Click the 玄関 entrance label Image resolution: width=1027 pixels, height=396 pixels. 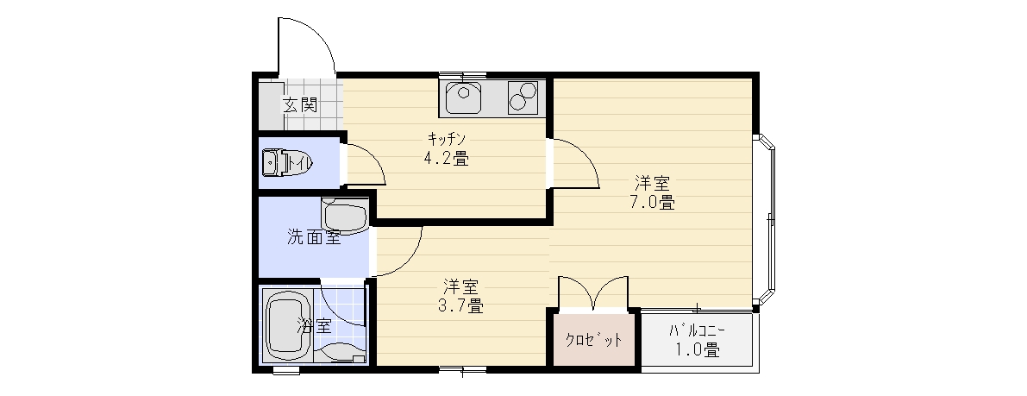pyautogui.click(x=300, y=105)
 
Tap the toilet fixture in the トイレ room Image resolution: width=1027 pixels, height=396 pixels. pyautogui.click(x=288, y=162)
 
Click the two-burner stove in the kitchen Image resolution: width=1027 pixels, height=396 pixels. pyautogui.click(x=523, y=97)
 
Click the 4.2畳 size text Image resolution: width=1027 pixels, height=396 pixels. pyautogui.click(x=446, y=159)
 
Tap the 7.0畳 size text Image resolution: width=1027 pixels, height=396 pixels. pyautogui.click(x=653, y=202)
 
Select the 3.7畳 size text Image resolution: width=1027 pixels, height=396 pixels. pyautogui.click(x=461, y=305)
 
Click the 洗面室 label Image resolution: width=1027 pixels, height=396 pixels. pyautogui.click(x=314, y=236)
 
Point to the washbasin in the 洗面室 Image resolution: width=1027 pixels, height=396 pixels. pyautogui.click(x=345, y=217)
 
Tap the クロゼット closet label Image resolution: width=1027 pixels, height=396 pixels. pyautogui.click(x=593, y=340)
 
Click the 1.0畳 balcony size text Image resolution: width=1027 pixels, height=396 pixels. pyautogui.click(x=698, y=351)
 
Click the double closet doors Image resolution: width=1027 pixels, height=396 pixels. pyautogui.click(x=593, y=292)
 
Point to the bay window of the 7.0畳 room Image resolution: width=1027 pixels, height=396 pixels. pyautogui.click(x=764, y=220)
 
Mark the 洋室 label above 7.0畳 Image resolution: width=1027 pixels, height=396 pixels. pyautogui.click(x=653, y=182)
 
